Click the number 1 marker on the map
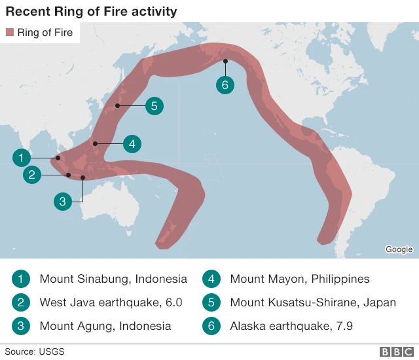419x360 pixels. pyautogui.click(x=22, y=158)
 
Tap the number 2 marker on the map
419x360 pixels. pyautogui.click(x=33, y=175)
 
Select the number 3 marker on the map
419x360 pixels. pyautogui.click(x=62, y=202)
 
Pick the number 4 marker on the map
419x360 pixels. pyautogui.click(x=132, y=144)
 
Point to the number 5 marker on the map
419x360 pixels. pyautogui.click(x=154, y=105)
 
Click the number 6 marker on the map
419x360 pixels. pyautogui.click(x=225, y=85)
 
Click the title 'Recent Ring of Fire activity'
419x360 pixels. pyautogui.click(x=91, y=12)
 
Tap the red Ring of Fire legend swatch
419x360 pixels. pyautogui.click(x=9, y=33)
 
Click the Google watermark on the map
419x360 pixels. pyautogui.click(x=399, y=249)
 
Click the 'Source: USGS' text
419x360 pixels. pyautogui.click(x=35, y=352)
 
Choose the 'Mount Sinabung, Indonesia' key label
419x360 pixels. pyautogui.click(x=113, y=279)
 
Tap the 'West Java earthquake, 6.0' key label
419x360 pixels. pyautogui.click(x=111, y=302)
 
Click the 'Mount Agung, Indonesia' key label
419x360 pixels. pyautogui.click(x=105, y=326)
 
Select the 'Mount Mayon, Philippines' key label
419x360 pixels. pyautogui.click(x=300, y=279)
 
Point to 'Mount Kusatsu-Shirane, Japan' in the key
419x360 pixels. pyautogui.click(x=313, y=302)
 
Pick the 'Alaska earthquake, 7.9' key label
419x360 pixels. pyautogui.click(x=291, y=326)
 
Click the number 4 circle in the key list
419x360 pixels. pyautogui.click(x=212, y=279)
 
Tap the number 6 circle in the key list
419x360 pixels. pyautogui.click(x=212, y=326)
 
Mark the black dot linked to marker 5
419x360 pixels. pyautogui.click(x=118, y=105)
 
